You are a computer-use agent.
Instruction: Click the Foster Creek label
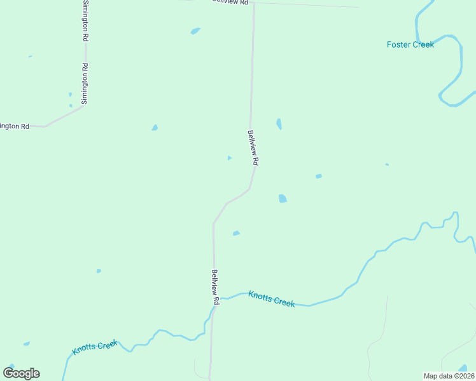[410, 44]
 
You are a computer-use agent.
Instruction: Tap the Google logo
[21, 373]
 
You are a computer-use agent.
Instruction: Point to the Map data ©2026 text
[448, 376]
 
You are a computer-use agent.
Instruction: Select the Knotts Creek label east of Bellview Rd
[272, 298]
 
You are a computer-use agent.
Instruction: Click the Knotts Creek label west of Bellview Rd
[95, 347]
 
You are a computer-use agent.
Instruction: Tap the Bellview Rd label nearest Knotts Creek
[216, 286]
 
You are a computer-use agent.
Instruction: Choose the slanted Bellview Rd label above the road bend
[253, 148]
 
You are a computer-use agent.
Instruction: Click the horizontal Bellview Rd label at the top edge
[230, 2]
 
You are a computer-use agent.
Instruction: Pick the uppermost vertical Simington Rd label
[85, 21]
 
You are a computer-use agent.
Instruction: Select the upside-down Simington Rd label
[85, 84]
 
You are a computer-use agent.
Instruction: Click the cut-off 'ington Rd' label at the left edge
[15, 126]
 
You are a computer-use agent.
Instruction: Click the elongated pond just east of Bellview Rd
[279, 124]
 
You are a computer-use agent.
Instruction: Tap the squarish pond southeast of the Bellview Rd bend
[283, 199]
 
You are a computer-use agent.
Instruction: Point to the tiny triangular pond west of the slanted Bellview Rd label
[229, 157]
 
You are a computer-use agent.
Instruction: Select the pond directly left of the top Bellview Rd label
[195, 30]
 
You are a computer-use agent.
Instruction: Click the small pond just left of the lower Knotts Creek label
[27, 344]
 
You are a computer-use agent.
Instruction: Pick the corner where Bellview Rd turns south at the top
[253, 4]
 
